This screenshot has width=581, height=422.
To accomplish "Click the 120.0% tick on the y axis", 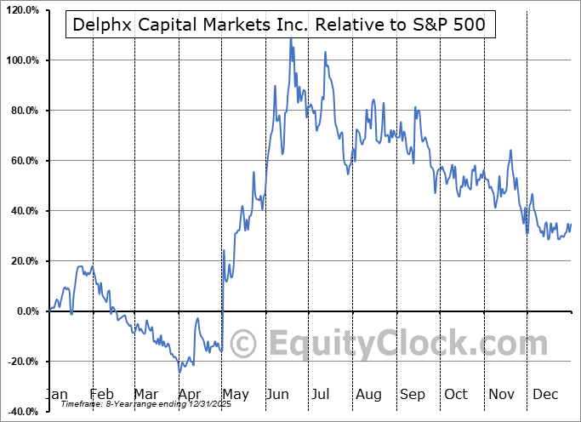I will point(22,10).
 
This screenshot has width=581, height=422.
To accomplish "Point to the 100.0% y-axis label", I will point(22,60).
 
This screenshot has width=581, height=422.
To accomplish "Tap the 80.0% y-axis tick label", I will point(24,111).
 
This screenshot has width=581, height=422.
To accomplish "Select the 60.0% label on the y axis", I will point(24,161).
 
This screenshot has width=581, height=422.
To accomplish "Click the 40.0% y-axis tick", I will point(24,211).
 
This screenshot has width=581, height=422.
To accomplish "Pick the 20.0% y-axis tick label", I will point(24,261).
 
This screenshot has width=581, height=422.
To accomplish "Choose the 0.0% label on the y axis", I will point(26,311).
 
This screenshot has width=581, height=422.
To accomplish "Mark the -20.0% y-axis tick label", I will point(22,362).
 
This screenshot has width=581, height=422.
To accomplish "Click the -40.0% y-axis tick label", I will point(22,412).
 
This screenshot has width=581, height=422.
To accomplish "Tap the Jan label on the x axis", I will point(56,394).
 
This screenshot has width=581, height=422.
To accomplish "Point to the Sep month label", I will point(413,394).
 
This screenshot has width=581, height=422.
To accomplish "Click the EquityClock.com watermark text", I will point(397,344).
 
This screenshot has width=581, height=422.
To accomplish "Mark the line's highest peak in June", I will point(290,38).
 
